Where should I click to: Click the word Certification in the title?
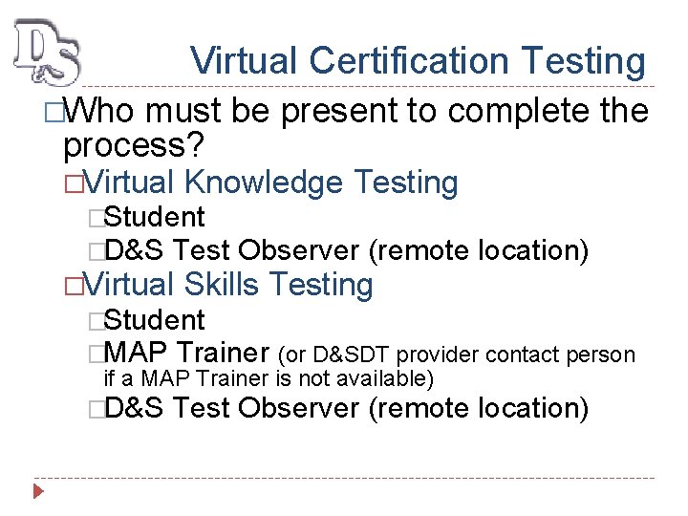[x=413, y=61]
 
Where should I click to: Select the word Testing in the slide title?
[x=584, y=61]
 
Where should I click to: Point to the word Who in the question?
[x=99, y=113]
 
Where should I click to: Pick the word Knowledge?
[x=264, y=182]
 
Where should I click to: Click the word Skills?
[x=222, y=285]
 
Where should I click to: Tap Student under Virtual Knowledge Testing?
[x=154, y=217]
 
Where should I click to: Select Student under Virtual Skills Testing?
[x=154, y=319]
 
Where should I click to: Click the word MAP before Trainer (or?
[x=137, y=354]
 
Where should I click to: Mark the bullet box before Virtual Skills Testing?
[x=70, y=286]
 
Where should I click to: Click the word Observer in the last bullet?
[x=300, y=408]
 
